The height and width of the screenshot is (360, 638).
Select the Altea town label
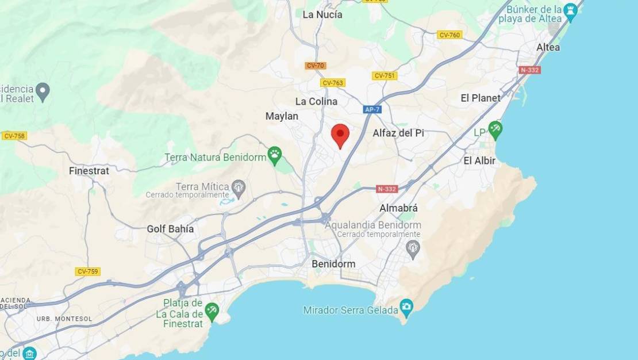[x=548, y=47]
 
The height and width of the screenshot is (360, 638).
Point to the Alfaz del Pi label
[x=398, y=133]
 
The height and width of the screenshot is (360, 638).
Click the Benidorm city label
[x=333, y=263]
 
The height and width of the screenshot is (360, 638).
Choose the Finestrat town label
[x=89, y=171]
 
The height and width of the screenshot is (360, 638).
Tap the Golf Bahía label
[x=170, y=229]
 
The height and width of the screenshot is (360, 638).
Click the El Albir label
[x=479, y=160]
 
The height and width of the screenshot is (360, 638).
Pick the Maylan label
[x=282, y=116]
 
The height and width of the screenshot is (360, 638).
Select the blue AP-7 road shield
[x=372, y=109]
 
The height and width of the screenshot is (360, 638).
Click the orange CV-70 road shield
[x=316, y=66]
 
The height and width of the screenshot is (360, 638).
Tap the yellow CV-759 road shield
[x=88, y=271]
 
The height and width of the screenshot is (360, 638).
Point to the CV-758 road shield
[x=14, y=136]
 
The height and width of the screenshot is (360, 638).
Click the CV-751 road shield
[x=385, y=76]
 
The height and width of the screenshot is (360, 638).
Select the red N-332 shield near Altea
[x=529, y=70]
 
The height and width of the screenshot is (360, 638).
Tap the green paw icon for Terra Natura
[x=275, y=154]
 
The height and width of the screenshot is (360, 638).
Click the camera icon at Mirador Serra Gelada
[x=407, y=305]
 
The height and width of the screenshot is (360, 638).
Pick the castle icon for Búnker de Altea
[x=570, y=10]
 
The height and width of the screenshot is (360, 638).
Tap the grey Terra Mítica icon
[x=239, y=186]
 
